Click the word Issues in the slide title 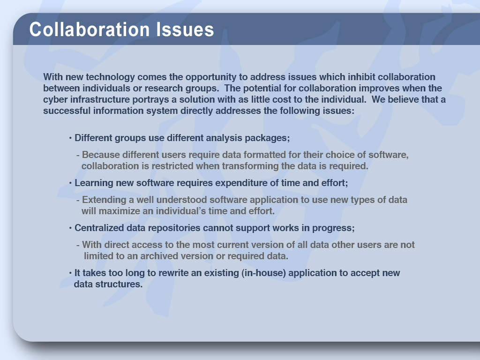[185, 30]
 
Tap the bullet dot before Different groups [70, 138]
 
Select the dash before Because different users [78, 155]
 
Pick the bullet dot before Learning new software [70, 183]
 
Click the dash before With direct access [78, 245]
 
